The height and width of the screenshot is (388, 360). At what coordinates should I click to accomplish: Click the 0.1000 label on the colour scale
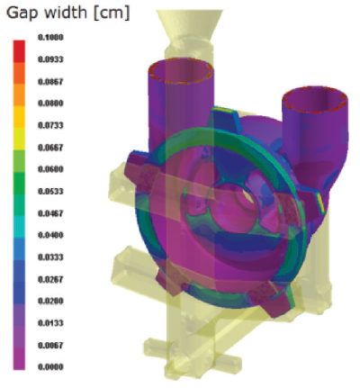pyautogui.click(x=50, y=38)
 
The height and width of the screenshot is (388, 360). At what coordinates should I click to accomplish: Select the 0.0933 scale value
pyautogui.click(x=50, y=59)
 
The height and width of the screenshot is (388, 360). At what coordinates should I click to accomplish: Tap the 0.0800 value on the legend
pyautogui.click(x=50, y=104)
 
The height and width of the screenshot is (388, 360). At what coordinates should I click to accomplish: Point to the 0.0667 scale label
pyautogui.click(x=50, y=148)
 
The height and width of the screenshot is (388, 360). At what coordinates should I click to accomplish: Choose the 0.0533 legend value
pyautogui.click(x=50, y=191)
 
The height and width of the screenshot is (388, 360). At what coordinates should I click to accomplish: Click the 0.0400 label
pyautogui.click(x=50, y=235)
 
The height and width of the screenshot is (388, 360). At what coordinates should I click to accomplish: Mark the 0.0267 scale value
pyautogui.click(x=50, y=279)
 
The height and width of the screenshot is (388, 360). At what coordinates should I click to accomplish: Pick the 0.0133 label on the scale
pyautogui.click(x=50, y=323)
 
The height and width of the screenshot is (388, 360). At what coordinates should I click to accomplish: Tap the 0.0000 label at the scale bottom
pyautogui.click(x=50, y=366)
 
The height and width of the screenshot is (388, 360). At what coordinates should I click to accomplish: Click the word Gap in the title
pyautogui.click(x=21, y=14)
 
